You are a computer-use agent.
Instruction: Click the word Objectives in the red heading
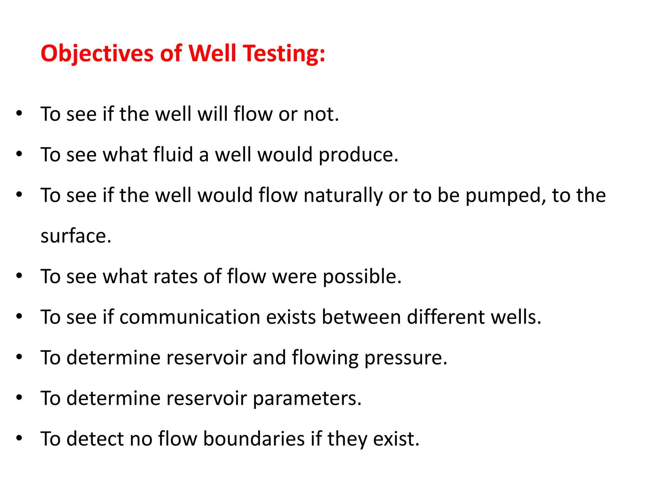click(97, 53)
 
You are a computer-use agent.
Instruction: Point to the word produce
click(359, 155)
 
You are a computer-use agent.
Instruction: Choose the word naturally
click(343, 196)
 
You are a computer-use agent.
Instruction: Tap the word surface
click(76, 236)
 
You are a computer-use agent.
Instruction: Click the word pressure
click(406, 358)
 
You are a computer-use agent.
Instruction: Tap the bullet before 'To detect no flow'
click(19, 438)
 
